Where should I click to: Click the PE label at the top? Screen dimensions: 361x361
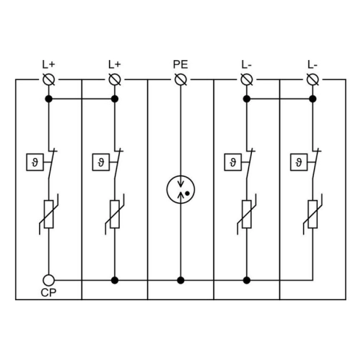(180, 64)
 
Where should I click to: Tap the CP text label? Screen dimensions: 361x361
(48, 292)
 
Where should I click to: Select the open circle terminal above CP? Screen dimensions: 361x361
(48, 280)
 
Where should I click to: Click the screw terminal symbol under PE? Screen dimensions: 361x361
(180, 79)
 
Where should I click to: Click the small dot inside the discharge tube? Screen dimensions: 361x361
(188, 193)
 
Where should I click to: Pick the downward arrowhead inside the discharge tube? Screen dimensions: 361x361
(180, 184)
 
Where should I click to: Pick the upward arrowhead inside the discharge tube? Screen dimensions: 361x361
(180, 195)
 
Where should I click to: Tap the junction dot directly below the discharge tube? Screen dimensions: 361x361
(180, 280)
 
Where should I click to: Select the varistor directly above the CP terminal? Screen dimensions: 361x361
(48, 214)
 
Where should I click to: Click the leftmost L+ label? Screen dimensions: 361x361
(48, 64)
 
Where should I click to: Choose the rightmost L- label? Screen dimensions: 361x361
(313, 64)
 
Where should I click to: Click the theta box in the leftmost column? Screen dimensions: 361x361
(35, 162)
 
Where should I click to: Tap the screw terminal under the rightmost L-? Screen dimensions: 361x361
(313, 79)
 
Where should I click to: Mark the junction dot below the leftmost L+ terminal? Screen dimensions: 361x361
(48, 99)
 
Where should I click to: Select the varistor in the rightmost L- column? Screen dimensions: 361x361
(313, 214)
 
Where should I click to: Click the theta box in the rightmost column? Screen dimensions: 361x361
(299, 162)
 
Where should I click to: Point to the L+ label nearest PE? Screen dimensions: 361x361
(115, 64)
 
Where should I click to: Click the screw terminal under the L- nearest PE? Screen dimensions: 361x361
(247, 79)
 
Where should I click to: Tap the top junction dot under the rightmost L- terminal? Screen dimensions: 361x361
(313, 99)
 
